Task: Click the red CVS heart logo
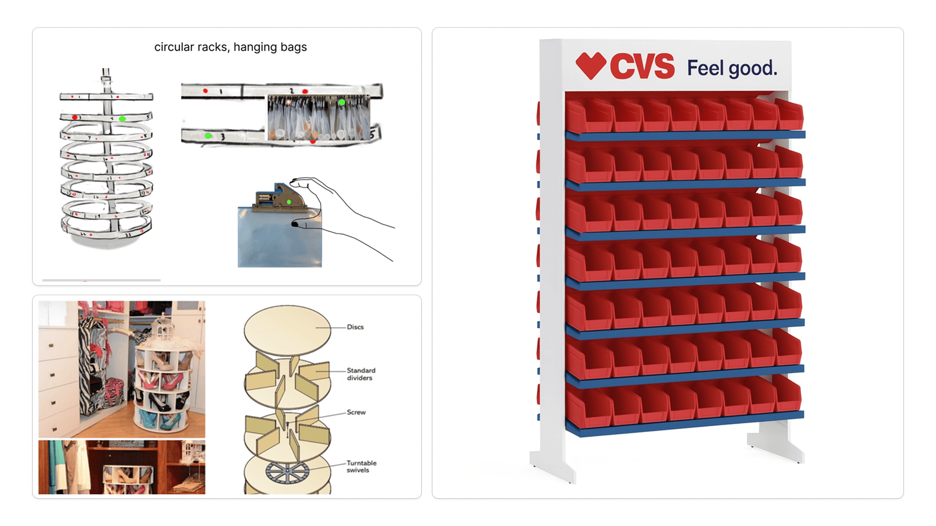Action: (590, 66)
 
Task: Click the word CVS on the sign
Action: (642, 66)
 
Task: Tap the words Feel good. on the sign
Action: (732, 68)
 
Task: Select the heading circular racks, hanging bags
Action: (231, 47)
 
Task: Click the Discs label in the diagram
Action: (355, 327)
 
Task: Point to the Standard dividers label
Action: (361, 374)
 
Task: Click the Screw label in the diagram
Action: (356, 412)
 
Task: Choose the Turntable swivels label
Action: (361, 467)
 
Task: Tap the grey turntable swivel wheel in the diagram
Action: (287, 472)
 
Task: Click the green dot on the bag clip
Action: (289, 202)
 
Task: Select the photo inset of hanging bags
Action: (318, 118)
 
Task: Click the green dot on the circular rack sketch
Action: (122, 119)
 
